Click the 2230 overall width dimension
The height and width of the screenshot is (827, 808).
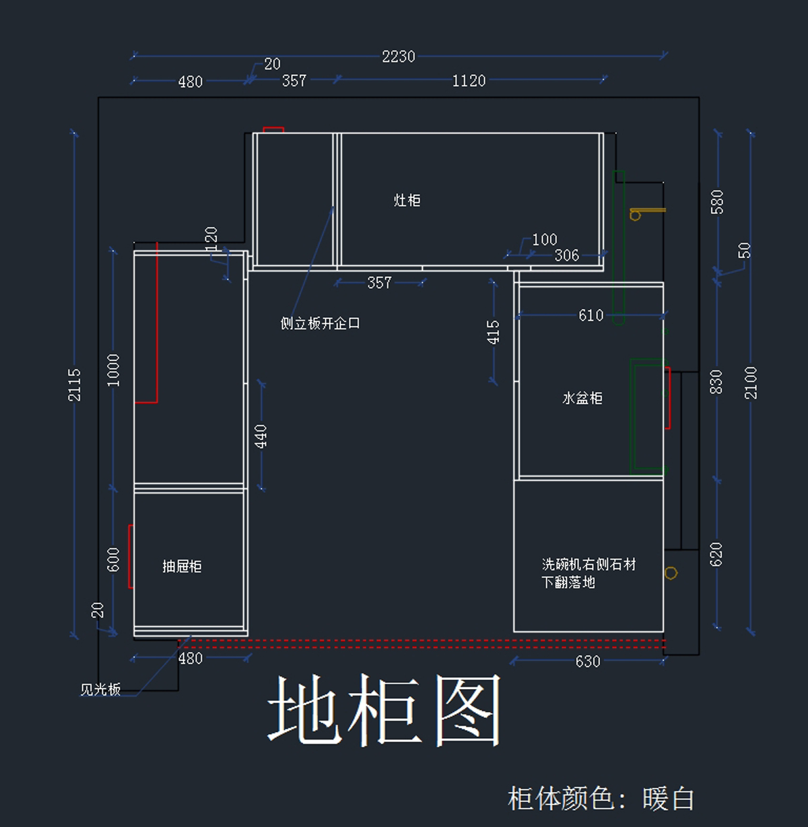(398, 57)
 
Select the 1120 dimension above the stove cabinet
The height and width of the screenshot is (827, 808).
(469, 81)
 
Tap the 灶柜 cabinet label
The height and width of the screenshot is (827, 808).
(407, 201)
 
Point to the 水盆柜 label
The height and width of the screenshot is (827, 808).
(582, 399)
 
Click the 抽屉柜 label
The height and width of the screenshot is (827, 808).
(182, 566)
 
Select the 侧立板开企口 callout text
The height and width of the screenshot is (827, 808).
(320, 324)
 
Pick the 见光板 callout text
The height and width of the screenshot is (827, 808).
(100, 690)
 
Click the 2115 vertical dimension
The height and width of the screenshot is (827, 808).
(74, 385)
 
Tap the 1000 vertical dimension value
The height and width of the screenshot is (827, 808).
(113, 370)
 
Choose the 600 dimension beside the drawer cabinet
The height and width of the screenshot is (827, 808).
(113, 560)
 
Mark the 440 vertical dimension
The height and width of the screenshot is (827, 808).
(261, 436)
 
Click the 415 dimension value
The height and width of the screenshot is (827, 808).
(494, 333)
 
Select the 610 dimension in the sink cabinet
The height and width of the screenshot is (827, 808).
(591, 316)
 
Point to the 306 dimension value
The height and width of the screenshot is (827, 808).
(566, 256)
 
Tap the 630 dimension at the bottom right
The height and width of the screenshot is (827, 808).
(587, 662)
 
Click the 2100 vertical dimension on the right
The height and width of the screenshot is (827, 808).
(751, 383)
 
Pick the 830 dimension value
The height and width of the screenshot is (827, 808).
(716, 382)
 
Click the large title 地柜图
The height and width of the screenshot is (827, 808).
(384, 711)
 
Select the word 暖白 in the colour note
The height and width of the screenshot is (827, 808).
(668, 799)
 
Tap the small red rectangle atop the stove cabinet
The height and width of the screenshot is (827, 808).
(273, 129)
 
